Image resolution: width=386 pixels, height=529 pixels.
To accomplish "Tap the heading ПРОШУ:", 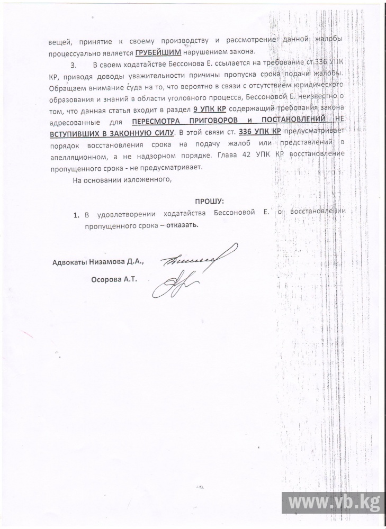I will point(210,202).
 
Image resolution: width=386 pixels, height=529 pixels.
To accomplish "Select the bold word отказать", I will point(182,224).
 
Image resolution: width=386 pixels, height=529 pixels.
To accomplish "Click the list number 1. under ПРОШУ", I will point(76,214).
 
